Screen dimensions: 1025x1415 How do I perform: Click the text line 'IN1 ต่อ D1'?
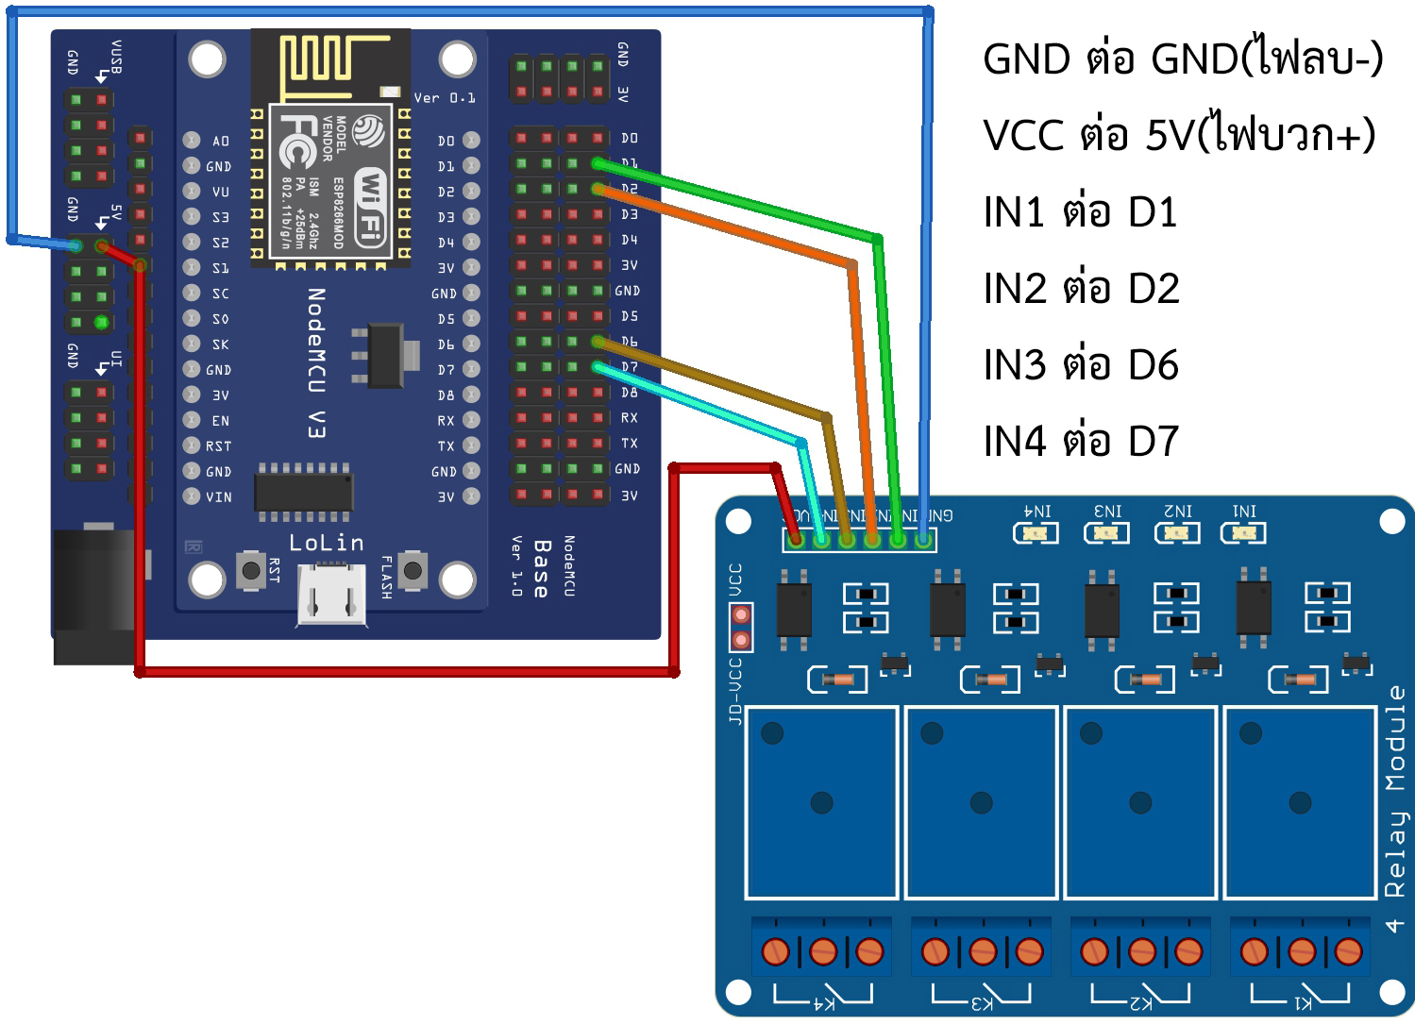point(1080,212)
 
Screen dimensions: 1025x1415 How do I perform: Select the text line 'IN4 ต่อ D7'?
point(1081,441)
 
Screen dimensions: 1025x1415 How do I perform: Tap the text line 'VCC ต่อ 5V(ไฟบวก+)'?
point(1179,135)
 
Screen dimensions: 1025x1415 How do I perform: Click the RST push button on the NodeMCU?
point(251,570)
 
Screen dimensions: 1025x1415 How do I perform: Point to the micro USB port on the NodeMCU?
point(331,595)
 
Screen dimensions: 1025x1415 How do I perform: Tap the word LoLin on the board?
point(326,543)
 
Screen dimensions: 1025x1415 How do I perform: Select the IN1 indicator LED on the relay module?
point(1243,533)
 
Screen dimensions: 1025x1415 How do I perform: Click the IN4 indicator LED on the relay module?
point(1036,533)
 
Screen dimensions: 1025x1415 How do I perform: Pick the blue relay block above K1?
point(1300,802)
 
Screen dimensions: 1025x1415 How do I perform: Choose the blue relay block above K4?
point(821,802)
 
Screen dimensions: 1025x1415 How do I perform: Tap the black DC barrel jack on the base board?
point(94,595)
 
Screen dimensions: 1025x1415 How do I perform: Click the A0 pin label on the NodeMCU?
point(220,141)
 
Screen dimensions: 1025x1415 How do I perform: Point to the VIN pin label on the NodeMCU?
point(218,496)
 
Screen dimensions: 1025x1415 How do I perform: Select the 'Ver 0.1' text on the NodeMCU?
point(444,98)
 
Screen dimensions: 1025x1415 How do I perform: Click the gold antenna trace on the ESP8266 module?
point(330,62)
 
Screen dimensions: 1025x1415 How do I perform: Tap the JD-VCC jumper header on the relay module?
point(741,628)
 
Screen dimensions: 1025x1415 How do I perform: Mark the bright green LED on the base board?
point(101,323)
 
